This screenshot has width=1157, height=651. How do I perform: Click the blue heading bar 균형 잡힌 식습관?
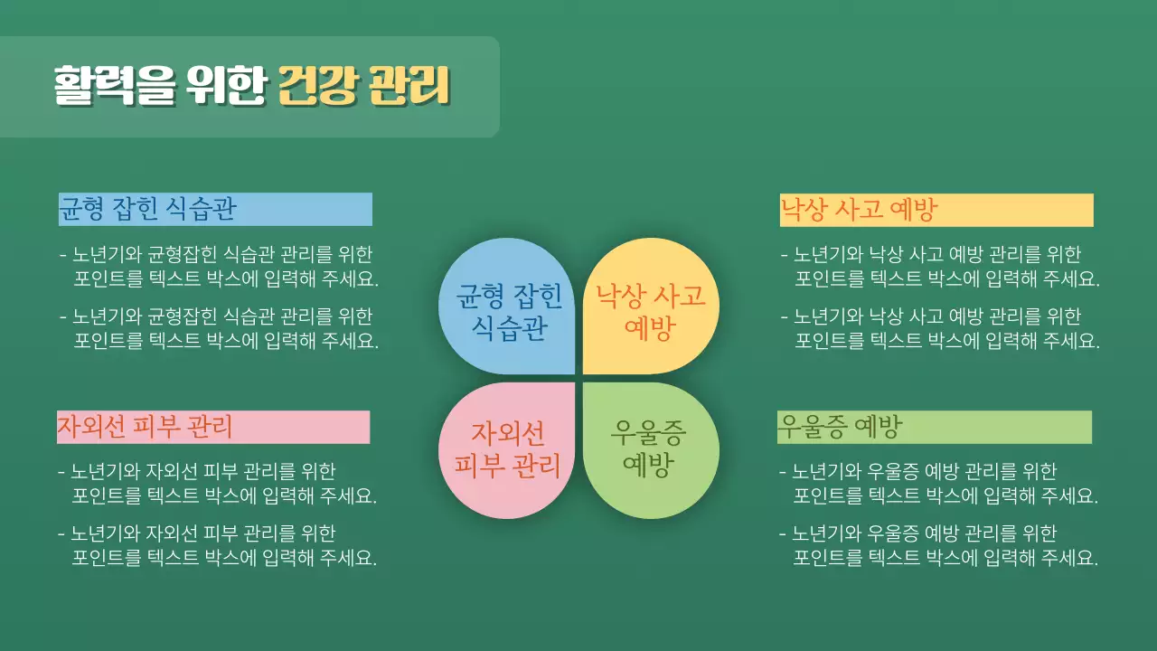click(215, 209)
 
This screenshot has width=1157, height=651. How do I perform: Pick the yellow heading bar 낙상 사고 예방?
click(936, 210)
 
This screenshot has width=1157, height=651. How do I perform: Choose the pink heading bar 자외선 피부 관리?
click(213, 427)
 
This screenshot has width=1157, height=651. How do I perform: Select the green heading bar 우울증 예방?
click(935, 427)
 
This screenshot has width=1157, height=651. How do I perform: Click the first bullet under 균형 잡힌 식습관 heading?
click(219, 266)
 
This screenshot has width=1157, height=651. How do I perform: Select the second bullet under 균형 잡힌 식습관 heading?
click(219, 328)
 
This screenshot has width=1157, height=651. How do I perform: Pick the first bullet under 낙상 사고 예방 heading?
click(940, 266)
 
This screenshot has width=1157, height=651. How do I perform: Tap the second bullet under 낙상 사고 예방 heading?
click(940, 328)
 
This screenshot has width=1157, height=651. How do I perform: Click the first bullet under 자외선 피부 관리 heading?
click(217, 483)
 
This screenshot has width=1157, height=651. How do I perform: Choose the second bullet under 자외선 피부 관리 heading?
click(217, 545)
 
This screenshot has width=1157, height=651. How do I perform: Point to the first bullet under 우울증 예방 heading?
click(938, 483)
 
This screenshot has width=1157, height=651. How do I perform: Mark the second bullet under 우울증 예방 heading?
click(938, 545)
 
